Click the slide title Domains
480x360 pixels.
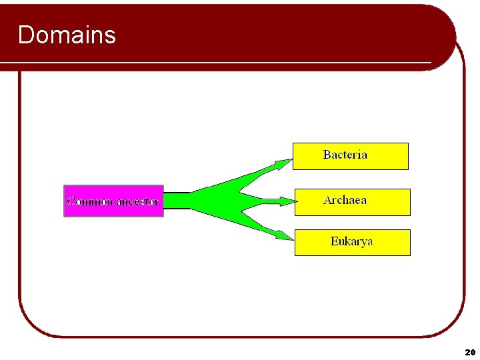coord(67,35)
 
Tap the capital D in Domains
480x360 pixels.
coord(26,35)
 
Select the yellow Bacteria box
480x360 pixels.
coord(350,156)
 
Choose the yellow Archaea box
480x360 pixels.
coord(352,202)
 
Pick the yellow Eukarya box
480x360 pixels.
coord(352,243)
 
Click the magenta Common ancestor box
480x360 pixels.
coord(113,201)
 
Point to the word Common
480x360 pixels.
coord(89,201)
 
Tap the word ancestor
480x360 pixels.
coord(137,201)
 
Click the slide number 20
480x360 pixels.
coord(469,351)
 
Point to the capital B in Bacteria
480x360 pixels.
coord(327,155)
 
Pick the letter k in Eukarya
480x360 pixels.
coord(347,241)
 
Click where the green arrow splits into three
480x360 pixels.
coord(230,199)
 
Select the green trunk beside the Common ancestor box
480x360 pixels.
coord(177,201)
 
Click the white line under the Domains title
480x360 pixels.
coord(220,63)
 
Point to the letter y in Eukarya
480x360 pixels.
coord(363,243)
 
